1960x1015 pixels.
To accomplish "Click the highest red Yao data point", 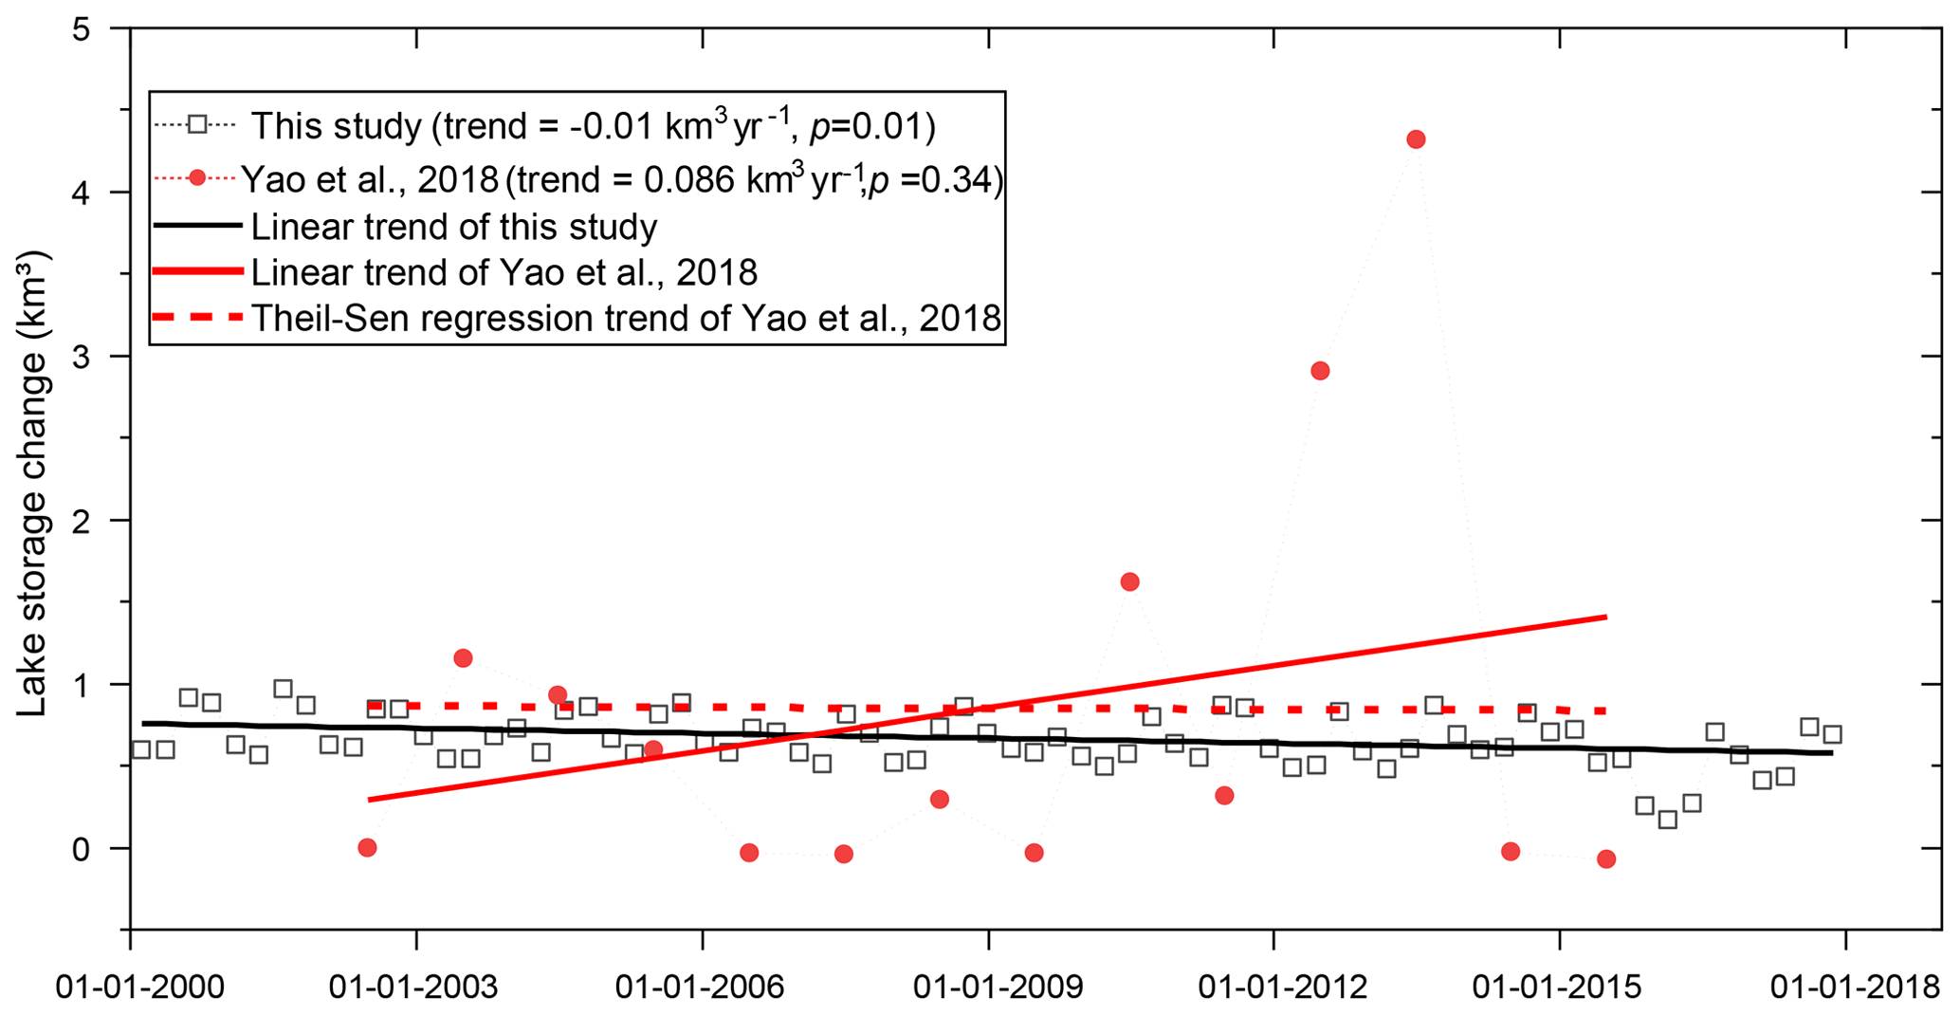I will [x=1416, y=139].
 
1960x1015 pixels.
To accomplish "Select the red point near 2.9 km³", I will [x=1320, y=371].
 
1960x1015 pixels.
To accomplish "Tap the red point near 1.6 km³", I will [x=1129, y=581].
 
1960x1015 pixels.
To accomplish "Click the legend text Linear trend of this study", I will [x=453, y=228].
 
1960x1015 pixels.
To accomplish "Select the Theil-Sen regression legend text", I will [x=626, y=318].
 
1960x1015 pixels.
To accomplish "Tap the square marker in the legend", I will [x=197, y=125].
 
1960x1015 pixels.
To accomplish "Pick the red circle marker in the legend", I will [x=197, y=177].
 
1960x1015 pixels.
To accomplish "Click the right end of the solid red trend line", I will [x=1606, y=617].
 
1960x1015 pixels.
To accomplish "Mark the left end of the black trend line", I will [x=143, y=723].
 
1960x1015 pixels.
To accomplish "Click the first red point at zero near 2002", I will [x=368, y=847].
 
